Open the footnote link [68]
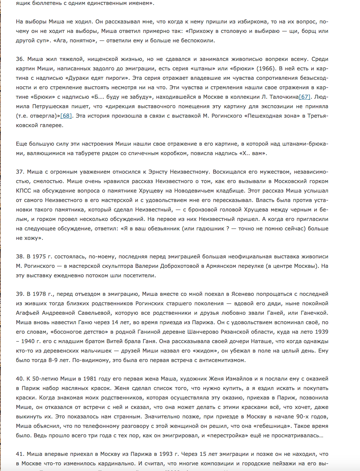[x=66, y=115]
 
